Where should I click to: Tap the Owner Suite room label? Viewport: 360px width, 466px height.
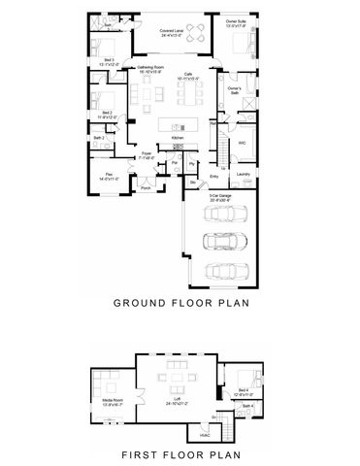[236, 22]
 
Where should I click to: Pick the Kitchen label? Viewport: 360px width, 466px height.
[177, 139]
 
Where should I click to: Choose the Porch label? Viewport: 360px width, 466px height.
[145, 188]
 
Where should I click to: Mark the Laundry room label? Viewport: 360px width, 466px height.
[244, 175]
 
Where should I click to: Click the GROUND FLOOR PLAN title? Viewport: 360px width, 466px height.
[181, 302]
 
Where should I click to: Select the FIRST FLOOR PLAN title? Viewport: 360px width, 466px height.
[181, 452]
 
